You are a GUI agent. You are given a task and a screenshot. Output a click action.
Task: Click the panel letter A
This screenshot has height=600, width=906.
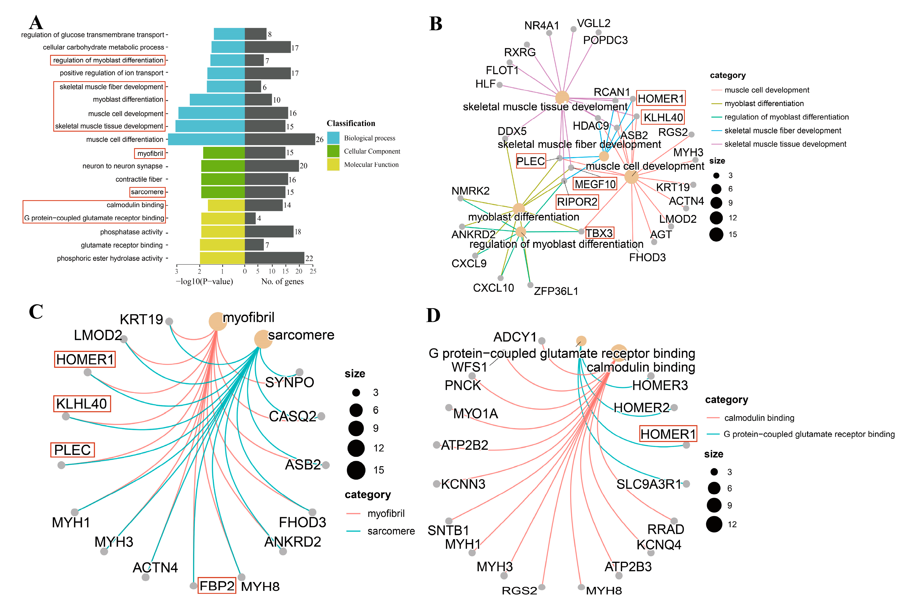click(36, 23)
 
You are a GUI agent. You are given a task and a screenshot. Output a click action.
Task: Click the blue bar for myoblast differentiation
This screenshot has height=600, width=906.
click(217, 100)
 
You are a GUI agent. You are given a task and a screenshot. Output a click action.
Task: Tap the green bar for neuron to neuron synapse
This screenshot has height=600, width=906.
click(223, 166)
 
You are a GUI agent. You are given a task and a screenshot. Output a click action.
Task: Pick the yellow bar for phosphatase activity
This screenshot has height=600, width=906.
click(223, 232)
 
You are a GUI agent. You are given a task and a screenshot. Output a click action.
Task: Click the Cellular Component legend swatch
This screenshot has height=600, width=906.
click(333, 151)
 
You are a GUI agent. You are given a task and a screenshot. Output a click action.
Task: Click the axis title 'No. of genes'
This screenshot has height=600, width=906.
click(282, 282)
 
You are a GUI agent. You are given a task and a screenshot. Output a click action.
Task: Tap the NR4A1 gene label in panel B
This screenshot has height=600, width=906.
click(542, 26)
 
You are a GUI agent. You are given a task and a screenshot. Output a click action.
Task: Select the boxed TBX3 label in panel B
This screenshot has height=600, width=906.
click(599, 233)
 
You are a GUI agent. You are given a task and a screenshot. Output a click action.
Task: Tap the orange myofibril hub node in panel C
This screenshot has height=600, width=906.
click(217, 321)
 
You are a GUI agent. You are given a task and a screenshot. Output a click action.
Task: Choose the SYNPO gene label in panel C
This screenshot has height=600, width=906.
click(289, 382)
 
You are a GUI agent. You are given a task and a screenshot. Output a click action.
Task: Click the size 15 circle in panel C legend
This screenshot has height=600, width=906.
click(356, 470)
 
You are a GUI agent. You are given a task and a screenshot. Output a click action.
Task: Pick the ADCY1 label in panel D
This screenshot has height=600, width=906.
click(515, 337)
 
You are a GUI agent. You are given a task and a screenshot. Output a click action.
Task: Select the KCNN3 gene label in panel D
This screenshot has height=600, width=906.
click(463, 484)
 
